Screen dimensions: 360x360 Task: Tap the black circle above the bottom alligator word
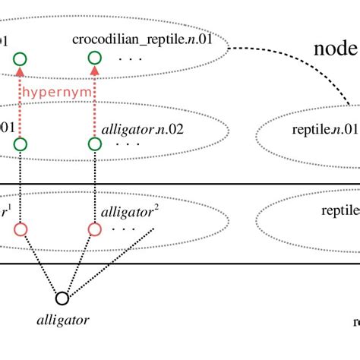click(62, 298)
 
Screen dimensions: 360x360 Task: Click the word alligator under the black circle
click(62, 320)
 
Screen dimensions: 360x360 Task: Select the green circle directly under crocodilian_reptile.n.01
click(95, 58)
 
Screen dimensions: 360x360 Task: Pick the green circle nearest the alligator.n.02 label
click(95, 144)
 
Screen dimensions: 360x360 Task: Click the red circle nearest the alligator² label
click(95, 229)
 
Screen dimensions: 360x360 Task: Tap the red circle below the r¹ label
click(21, 229)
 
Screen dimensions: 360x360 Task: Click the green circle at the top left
click(21, 58)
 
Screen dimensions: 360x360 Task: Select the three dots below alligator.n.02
click(129, 144)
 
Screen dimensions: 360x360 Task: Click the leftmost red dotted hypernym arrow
click(21, 106)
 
